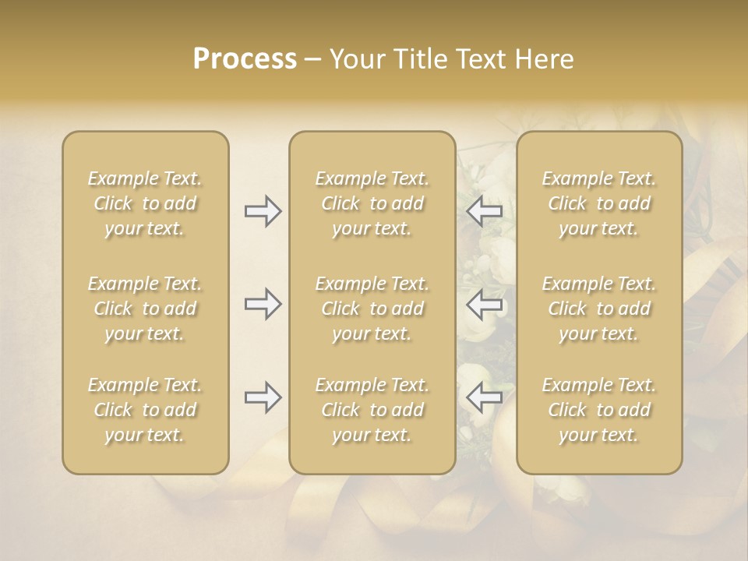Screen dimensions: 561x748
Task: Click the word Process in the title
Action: (245, 59)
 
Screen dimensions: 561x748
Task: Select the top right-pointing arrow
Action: (263, 211)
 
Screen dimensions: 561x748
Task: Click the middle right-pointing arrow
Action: (263, 304)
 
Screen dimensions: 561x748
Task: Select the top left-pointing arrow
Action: (485, 211)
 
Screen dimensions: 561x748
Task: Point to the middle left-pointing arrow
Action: (485, 304)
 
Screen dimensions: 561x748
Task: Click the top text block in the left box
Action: (145, 203)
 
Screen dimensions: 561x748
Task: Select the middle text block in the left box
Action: (145, 309)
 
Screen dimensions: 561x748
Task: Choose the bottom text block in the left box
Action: (145, 410)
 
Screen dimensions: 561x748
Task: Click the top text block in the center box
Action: (372, 203)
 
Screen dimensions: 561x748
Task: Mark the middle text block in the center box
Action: (372, 309)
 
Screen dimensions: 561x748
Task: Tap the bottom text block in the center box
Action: (372, 410)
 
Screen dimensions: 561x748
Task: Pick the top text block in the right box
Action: (599, 203)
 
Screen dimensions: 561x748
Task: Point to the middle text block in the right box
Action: (599, 309)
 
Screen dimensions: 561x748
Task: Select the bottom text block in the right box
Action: (599, 410)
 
